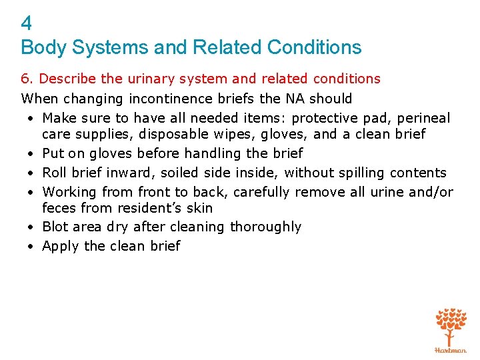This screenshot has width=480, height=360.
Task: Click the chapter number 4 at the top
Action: [27, 25]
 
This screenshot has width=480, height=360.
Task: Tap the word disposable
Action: [172, 134]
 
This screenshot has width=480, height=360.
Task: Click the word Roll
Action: [53, 173]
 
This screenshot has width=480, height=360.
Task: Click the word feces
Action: [58, 208]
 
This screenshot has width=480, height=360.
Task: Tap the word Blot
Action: [54, 227]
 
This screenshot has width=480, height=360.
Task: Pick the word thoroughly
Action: [265, 227]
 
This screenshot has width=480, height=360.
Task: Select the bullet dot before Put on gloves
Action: [31, 154]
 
